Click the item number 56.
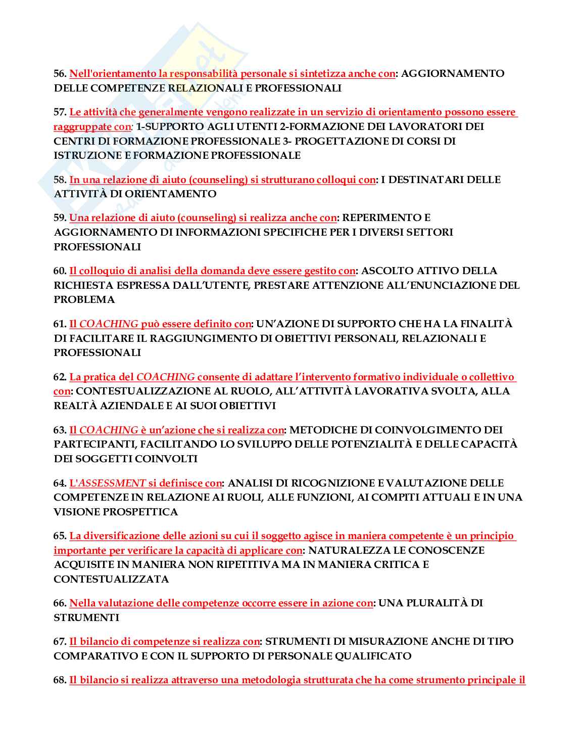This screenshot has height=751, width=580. click(60, 73)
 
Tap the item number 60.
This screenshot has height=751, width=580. click(60, 271)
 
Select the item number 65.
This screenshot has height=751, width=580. click(60, 536)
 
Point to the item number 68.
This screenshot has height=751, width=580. click(60, 680)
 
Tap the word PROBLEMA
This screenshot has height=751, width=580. click(84, 299)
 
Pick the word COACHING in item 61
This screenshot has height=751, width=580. click(109, 324)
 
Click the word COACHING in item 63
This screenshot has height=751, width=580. click(109, 430)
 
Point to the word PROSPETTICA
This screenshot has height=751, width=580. click(140, 512)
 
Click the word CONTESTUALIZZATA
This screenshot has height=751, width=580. click(111, 579)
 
